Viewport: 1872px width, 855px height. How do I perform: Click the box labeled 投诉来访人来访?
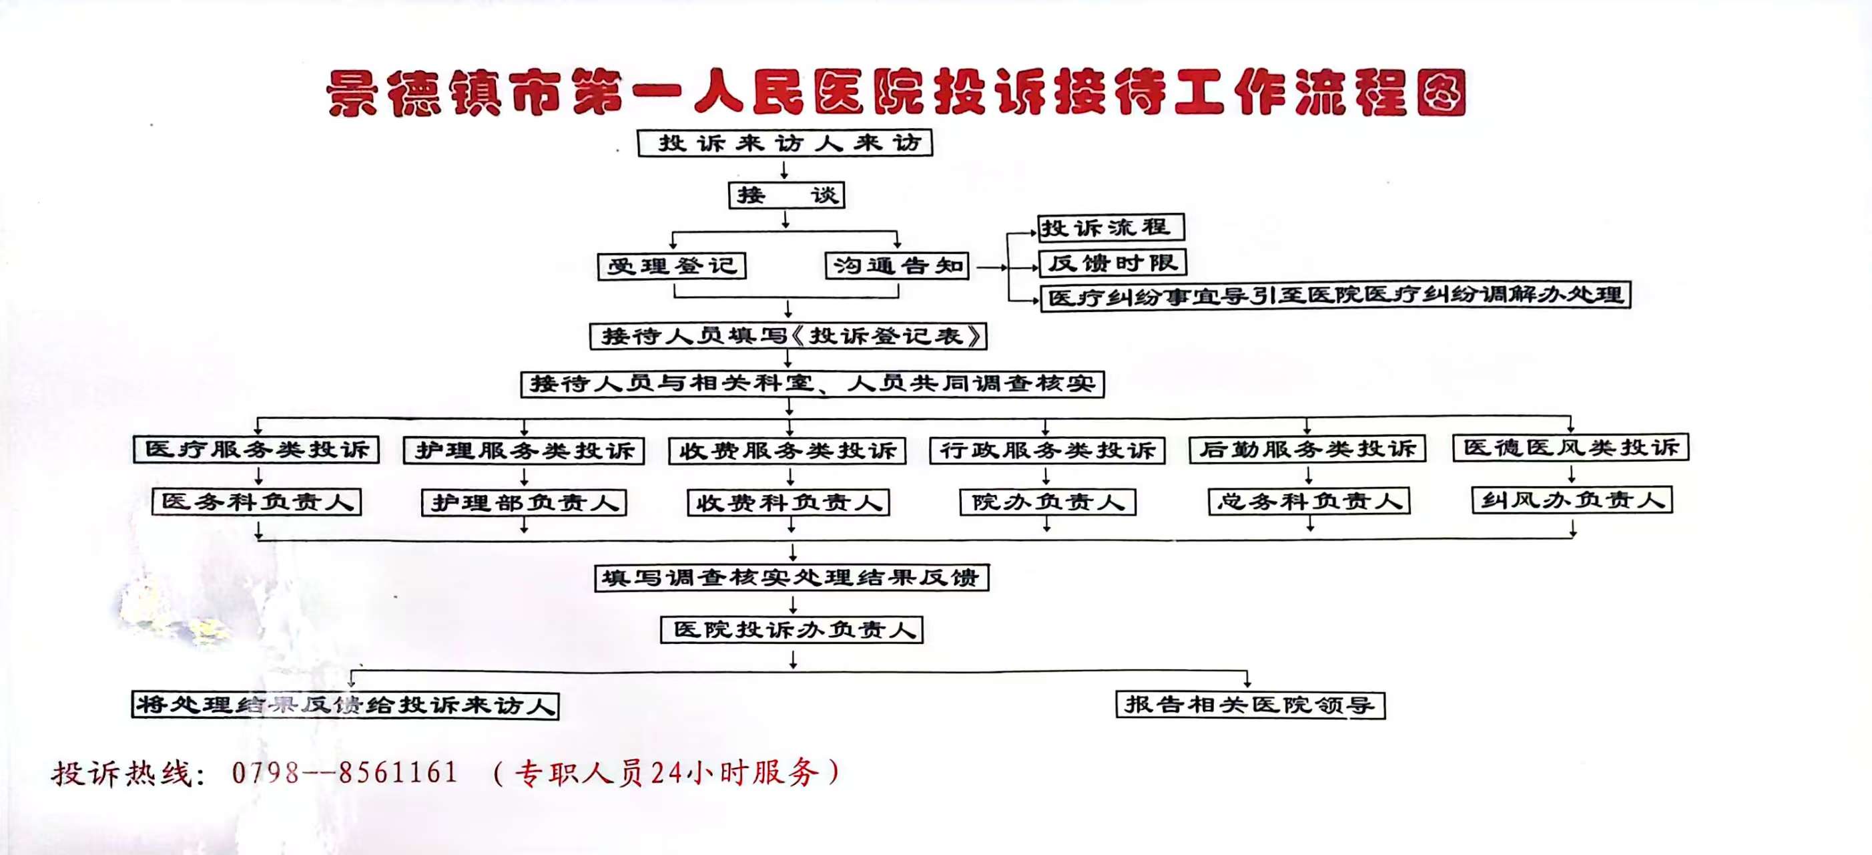click(x=785, y=142)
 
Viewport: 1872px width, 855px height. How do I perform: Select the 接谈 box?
click(x=786, y=195)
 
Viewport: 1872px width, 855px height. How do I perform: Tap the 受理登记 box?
click(x=671, y=266)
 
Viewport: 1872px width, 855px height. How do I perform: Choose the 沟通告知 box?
click(x=898, y=265)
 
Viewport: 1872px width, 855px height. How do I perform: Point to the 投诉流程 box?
click(x=1111, y=228)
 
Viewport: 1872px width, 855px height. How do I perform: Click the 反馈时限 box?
click(x=1113, y=263)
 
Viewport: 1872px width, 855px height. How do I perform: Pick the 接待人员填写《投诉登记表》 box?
click(x=788, y=336)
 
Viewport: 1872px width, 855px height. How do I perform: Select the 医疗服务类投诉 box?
click(x=256, y=450)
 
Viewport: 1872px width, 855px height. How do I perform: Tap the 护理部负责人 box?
click(x=524, y=502)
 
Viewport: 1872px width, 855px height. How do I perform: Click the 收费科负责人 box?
click(x=788, y=502)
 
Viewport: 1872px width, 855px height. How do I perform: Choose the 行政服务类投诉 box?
click(x=1047, y=451)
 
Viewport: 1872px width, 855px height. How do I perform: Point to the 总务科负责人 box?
click(x=1309, y=501)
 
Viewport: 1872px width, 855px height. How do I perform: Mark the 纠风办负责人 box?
click(x=1572, y=500)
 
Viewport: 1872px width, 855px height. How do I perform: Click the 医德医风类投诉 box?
click(x=1570, y=447)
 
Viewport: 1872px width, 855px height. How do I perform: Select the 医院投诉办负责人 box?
click(x=792, y=630)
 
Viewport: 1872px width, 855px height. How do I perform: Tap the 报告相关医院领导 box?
click(x=1250, y=705)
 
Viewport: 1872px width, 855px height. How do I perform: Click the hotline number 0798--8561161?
click(x=344, y=772)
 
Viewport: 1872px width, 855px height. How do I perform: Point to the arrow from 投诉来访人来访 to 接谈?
click(x=784, y=170)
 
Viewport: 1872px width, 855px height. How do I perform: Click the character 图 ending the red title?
click(x=1442, y=93)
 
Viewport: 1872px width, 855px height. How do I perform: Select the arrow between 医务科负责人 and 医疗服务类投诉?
click(x=259, y=476)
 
